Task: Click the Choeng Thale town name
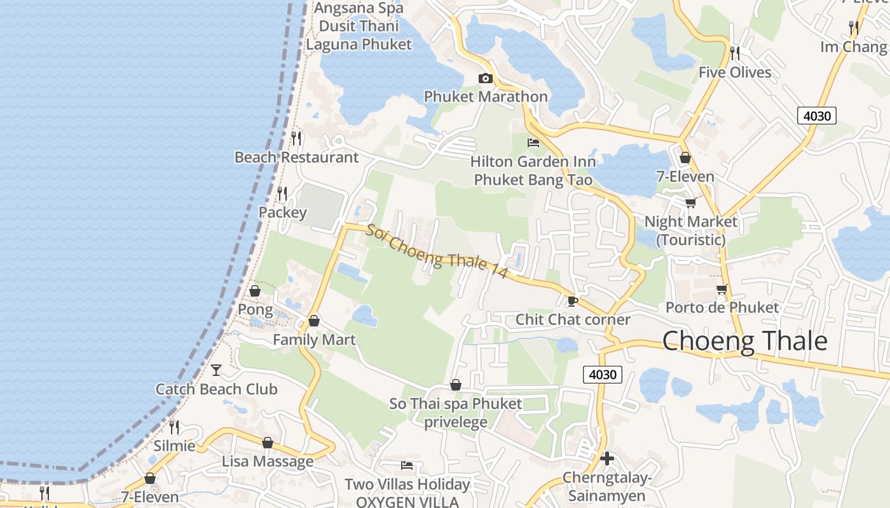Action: click(744, 341)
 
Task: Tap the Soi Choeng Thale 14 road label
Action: click(437, 251)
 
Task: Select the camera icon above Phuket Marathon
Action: click(486, 78)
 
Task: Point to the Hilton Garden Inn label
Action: click(533, 171)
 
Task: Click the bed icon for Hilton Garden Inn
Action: click(533, 143)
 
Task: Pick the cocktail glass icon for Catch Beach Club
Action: click(216, 369)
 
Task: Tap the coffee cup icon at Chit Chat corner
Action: click(572, 300)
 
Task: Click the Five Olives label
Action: click(735, 72)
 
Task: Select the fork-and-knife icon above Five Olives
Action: click(735, 53)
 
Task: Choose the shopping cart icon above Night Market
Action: click(690, 203)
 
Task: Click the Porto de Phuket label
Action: click(722, 307)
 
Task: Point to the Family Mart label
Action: click(314, 340)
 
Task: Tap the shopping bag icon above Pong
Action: click(255, 291)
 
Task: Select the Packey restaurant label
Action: click(282, 212)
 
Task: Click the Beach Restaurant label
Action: click(296, 157)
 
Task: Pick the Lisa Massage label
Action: click(268, 462)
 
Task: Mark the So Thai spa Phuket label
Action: click(456, 412)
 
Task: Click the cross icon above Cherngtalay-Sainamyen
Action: click(606, 458)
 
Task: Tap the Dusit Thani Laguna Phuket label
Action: click(359, 35)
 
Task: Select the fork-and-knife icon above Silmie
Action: click(174, 427)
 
